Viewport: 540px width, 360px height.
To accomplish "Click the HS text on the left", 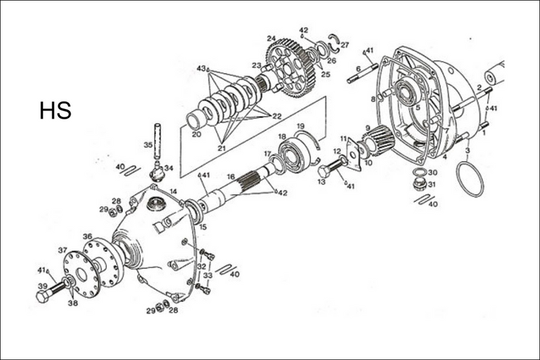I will (x=55, y=110).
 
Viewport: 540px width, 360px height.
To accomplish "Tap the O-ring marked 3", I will (x=470, y=179).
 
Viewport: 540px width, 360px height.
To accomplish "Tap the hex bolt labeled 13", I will (x=328, y=169).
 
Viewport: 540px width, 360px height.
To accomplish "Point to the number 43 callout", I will (x=201, y=68).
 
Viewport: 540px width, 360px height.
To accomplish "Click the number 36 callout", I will (x=87, y=236).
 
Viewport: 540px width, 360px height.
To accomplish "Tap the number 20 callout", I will (x=196, y=134).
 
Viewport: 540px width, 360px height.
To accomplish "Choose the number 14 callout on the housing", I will (x=173, y=191).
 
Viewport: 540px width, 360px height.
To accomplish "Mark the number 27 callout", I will (x=345, y=45).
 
